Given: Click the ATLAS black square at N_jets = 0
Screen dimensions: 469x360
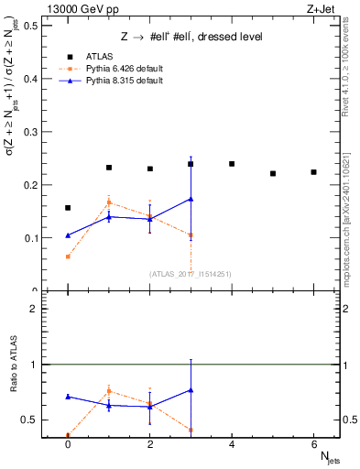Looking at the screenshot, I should click(68, 208).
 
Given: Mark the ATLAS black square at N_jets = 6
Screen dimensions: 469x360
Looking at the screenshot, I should click(313, 172).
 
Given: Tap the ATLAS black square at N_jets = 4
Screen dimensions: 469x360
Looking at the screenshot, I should click(232, 164).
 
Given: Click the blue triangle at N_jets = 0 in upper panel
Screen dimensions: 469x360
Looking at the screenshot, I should click(68, 235).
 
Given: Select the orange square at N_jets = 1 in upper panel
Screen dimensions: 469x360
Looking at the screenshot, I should click(109, 202).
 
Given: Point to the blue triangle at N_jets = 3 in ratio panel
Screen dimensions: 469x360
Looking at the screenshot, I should click(191, 390).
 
